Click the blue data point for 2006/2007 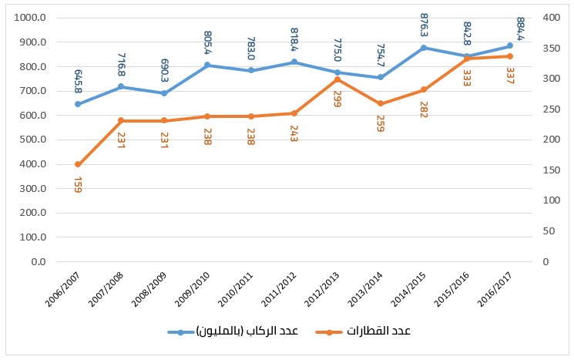click(x=78, y=104)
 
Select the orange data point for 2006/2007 click(x=78, y=164)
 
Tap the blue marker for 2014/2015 click(x=424, y=48)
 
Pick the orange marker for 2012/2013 click(x=337, y=79)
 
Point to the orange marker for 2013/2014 click(x=381, y=103)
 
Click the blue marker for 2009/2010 click(x=207, y=65)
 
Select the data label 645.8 click(x=78, y=79)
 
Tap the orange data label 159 click(x=78, y=185)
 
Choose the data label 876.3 click(x=424, y=26)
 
